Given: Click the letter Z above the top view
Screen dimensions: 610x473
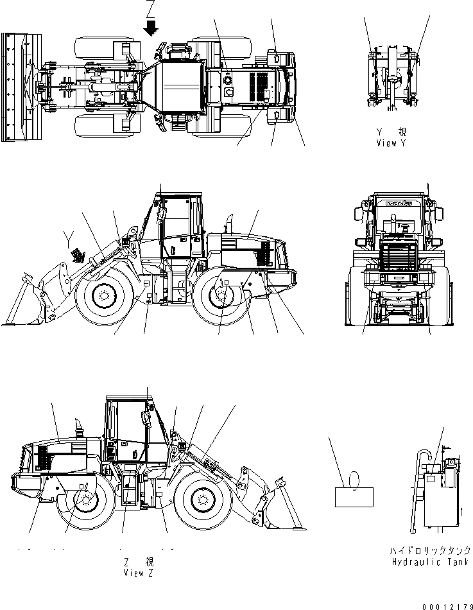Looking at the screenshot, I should coord(151,8).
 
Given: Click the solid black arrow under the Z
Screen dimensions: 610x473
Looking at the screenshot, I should coord(151,28).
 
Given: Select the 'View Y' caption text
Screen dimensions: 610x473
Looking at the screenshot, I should coord(391,144).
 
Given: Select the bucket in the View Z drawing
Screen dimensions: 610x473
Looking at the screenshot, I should coord(282,507).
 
